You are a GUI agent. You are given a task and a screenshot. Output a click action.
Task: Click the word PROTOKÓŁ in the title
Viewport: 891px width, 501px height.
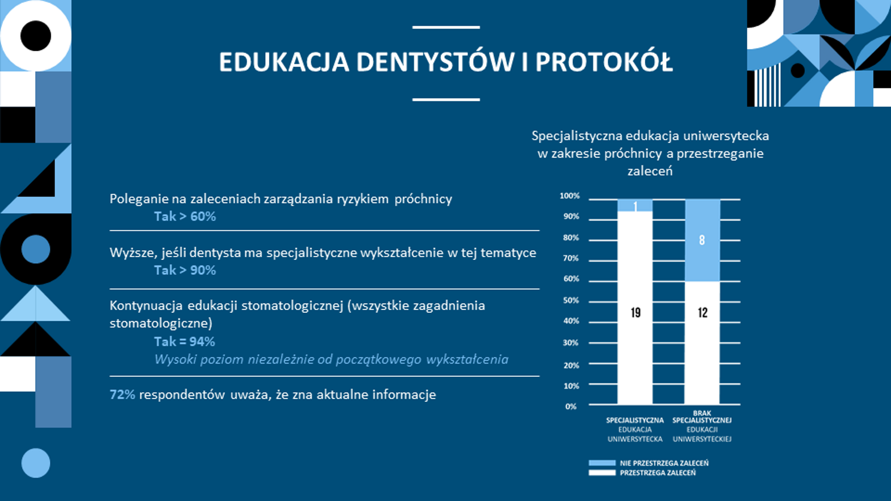click(x=604, y=62)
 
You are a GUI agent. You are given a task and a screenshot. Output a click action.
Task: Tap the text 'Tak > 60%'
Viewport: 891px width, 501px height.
click(x=185, y=217)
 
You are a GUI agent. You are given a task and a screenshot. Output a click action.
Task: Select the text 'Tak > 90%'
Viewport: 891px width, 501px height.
click(x=185, y=271)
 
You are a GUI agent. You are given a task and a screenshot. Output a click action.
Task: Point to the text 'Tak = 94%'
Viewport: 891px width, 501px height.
click(x=184, y=342)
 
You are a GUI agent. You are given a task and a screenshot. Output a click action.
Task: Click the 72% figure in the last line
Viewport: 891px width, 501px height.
click(x=122, y=395)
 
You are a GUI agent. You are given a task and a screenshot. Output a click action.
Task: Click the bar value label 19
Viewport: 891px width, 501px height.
click(x=635, y=313)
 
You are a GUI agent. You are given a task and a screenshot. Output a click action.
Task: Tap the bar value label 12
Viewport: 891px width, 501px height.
click(x=702, y=313)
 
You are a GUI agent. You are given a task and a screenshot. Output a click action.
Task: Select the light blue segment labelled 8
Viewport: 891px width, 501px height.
click(x=702, y=240)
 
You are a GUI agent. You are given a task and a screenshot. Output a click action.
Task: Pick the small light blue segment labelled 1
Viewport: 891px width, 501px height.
click(x=635, y=205)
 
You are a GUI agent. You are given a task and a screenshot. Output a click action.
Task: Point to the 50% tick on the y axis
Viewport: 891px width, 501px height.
click(x=571, y=300)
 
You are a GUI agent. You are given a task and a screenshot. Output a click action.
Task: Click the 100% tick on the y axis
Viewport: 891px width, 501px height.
click(x=570, y=195)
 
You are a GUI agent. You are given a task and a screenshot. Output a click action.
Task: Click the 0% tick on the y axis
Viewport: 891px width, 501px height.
click(x=571, y=406)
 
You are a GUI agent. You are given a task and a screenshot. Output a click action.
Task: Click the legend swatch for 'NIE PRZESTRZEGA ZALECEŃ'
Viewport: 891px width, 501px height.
click(x=602, y=463)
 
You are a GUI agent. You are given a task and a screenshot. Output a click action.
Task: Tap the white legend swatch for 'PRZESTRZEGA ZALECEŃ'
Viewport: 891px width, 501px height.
click(x=602, y=473)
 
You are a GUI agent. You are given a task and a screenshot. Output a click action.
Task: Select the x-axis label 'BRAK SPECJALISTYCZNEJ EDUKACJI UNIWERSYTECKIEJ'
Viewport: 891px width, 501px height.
click(x=702, y=426)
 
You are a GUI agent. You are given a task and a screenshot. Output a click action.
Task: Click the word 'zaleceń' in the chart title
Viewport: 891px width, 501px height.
click(x=650, y=171)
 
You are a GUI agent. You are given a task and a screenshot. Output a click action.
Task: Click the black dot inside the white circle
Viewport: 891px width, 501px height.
click(x=36, y=36)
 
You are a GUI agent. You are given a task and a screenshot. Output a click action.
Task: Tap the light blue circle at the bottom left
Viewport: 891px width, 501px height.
click(x=36, y=463)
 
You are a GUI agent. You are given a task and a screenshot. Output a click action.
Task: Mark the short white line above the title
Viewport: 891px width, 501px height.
click(x=446, y=27)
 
